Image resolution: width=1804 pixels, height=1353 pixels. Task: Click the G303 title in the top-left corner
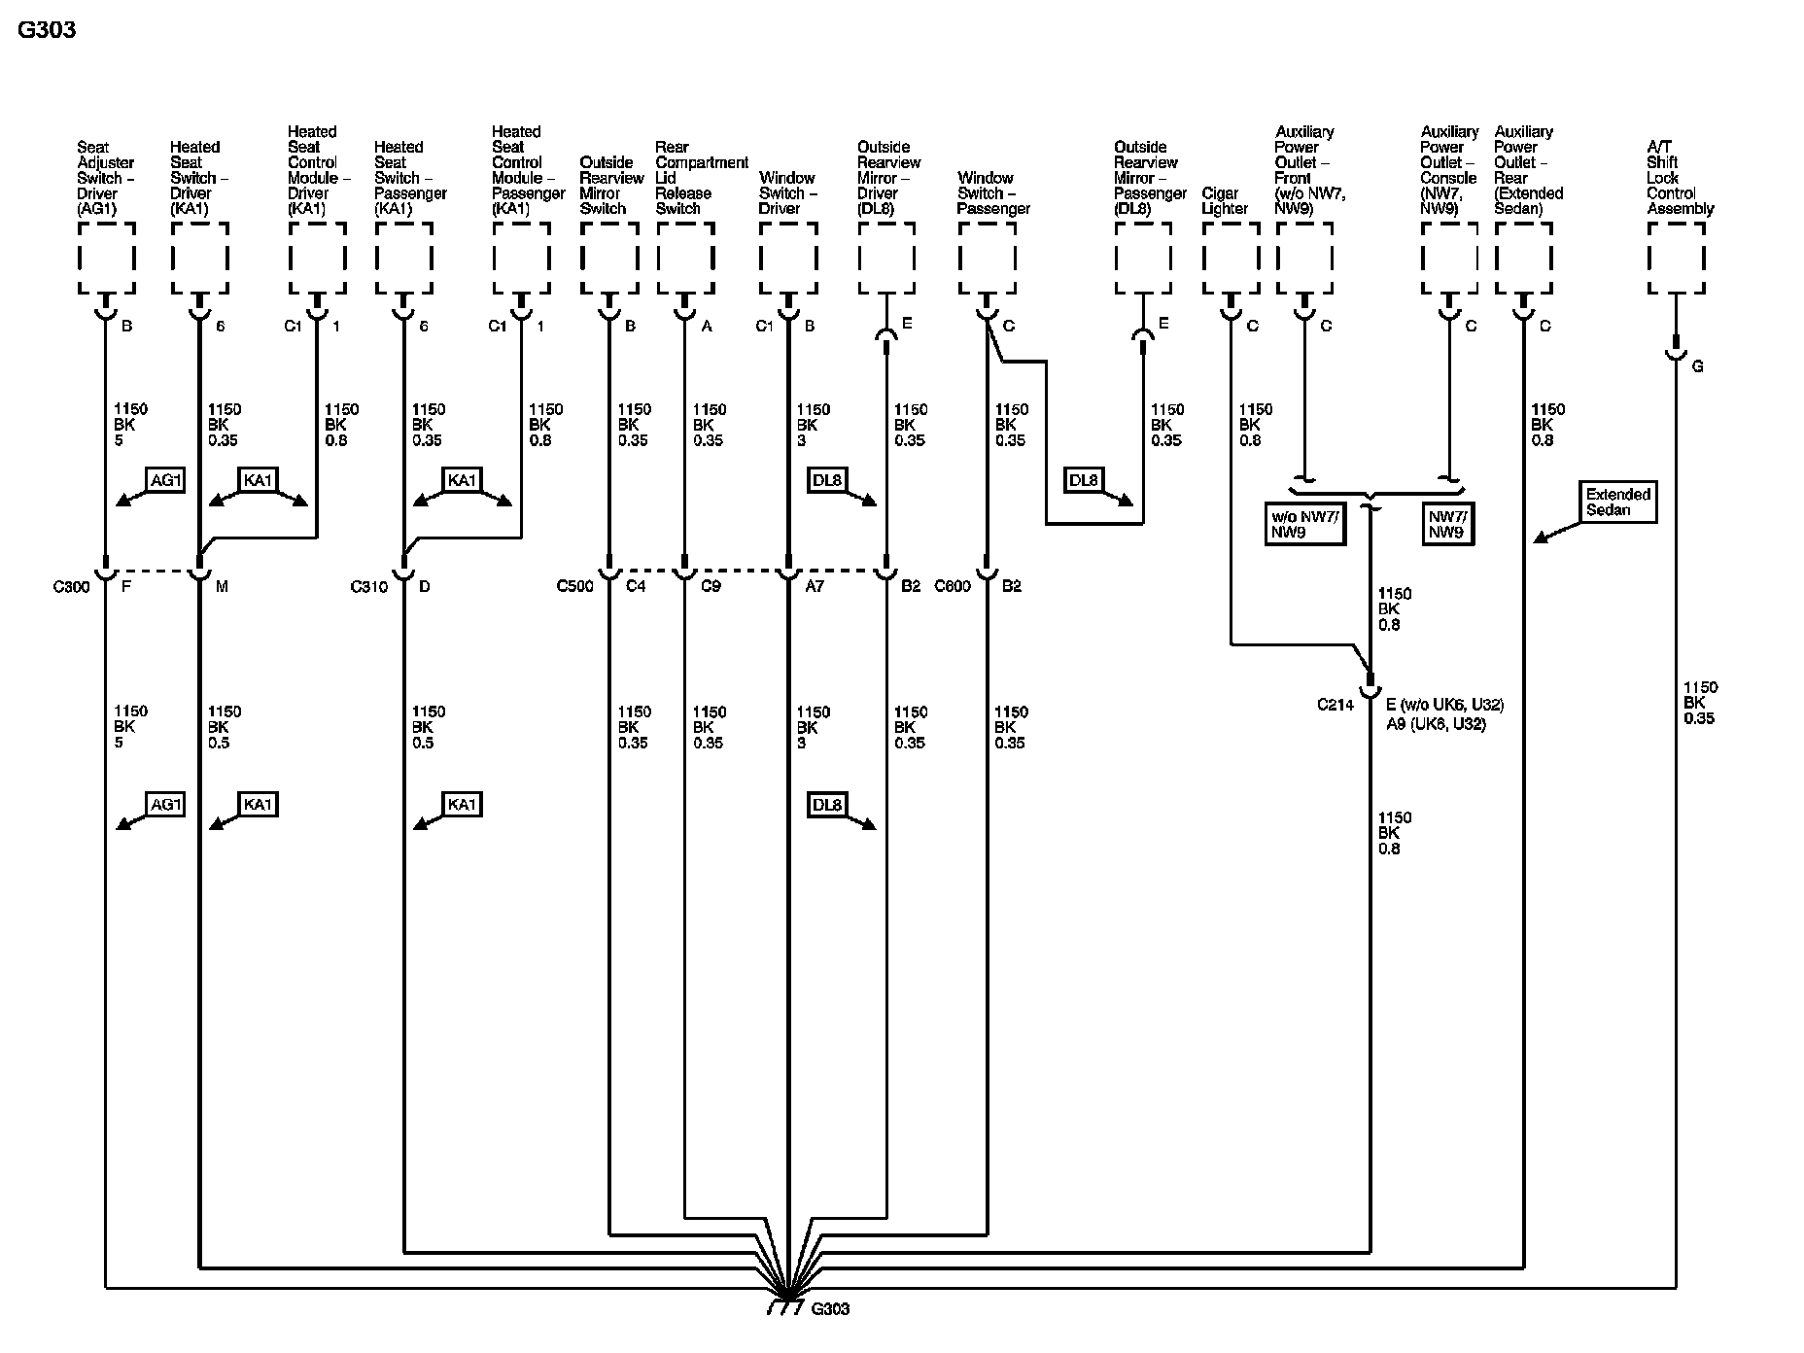[x=47, y=30]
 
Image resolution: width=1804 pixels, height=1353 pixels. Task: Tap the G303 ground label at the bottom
[x=829, y=1308]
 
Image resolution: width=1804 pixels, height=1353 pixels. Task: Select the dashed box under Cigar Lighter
[x=1231, y=258]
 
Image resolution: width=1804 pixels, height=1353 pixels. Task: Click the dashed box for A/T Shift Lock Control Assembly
[x=1676, y=258]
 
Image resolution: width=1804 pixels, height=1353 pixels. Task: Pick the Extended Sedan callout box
[x=1617, y=502]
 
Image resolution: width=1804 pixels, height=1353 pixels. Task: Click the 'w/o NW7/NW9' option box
[x=1304, y=524]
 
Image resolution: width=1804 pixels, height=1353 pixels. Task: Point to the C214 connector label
[x=1335, y=705]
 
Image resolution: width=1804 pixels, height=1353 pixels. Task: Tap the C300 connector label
[x=71, y=586]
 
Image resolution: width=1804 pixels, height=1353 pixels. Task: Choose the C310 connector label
[x=368, y=586]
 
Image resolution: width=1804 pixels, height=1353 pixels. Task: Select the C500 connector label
[x=574, y=586]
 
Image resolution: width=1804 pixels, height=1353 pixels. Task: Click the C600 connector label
[x=953, y=586]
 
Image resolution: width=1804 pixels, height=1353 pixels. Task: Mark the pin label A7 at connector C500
[x=815, y=586]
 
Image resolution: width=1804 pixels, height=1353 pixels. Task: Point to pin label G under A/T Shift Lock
[x=1697, y=366]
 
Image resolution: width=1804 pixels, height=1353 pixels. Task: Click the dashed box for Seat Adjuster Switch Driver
[x=106, y=258]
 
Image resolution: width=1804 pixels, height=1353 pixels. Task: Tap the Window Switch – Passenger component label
[x=992, y=192]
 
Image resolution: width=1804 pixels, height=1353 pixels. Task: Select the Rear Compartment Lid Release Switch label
[x=701, y=177]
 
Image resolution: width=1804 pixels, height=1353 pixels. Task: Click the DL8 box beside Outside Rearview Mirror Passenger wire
[x=1083, y=480]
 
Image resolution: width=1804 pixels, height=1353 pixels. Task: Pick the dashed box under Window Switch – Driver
[x=787, y=258]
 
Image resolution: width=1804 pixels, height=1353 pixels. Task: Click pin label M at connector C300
[x=222, y=586]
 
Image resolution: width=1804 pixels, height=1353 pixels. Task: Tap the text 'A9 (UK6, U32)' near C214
[x=1436, y=724]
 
